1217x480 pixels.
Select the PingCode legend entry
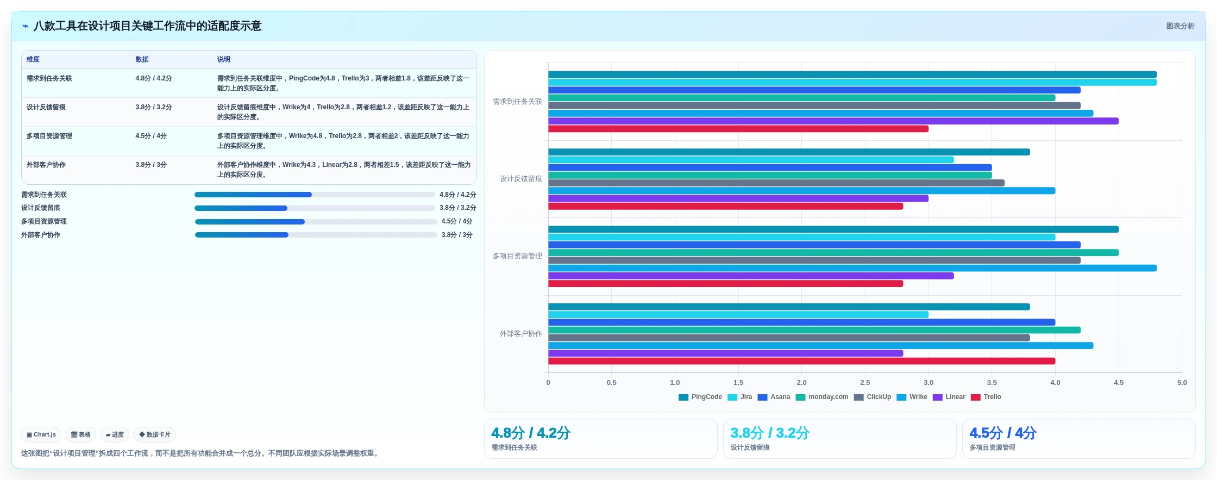(x=700, y=397)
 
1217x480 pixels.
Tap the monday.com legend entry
(x=822, y=397)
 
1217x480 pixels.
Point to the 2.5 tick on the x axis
(x=865, y=383)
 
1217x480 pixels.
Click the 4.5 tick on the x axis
(x=1119, y=383)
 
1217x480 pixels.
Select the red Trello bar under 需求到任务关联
(x=738, y=129)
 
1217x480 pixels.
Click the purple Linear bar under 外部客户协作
(x=726, y=353)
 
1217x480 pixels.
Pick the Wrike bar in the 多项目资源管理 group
(x=852, y=268)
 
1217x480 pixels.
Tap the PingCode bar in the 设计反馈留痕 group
(x=789, y=152)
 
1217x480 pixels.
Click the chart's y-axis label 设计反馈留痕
(x=520, y=179)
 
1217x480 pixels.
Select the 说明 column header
(x=224, y=59)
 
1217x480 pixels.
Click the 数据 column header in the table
(x=142, y=59)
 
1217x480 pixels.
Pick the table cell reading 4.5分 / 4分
(x=151, y=136)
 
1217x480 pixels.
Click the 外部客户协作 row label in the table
(x=46, y=165)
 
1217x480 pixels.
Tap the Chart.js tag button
(x=41, y=434)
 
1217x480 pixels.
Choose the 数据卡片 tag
(x=155, y=434)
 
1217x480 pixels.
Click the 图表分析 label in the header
(x=1180, y=26)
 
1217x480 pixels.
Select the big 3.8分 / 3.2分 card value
(x=770, y=433)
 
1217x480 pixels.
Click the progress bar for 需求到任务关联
(x=315, y=195)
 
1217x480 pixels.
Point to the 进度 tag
(x=115, y=434)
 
